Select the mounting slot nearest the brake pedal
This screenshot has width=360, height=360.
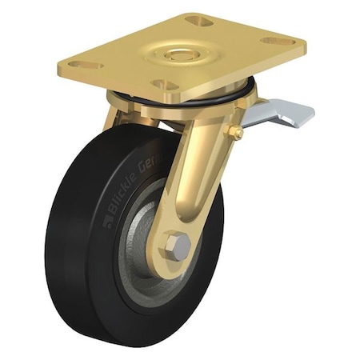click(x=278, y=41)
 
